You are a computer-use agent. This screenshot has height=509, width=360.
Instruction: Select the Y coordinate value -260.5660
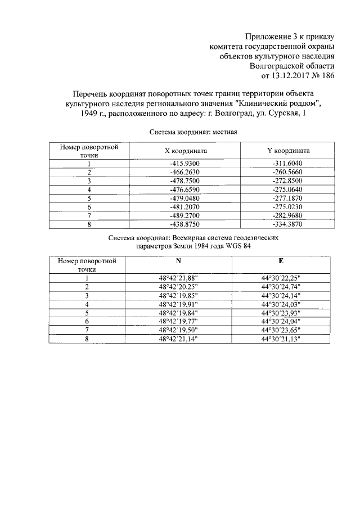[x=287, y=173]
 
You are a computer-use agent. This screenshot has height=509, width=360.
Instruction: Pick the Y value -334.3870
[x=287, y=225]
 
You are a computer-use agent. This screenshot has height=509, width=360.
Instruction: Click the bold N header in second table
[x=179, y=262]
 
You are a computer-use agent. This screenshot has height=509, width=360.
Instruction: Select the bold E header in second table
[x=281, y=262]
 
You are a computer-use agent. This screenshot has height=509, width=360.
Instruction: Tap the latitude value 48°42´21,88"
[x=179, y=278]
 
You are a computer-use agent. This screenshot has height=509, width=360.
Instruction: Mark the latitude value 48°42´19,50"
[x=179, y=330]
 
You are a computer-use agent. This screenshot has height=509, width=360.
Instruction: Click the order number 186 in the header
[x=327, y=76]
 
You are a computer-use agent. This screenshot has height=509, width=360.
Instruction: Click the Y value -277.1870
[x=287, y=199]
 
